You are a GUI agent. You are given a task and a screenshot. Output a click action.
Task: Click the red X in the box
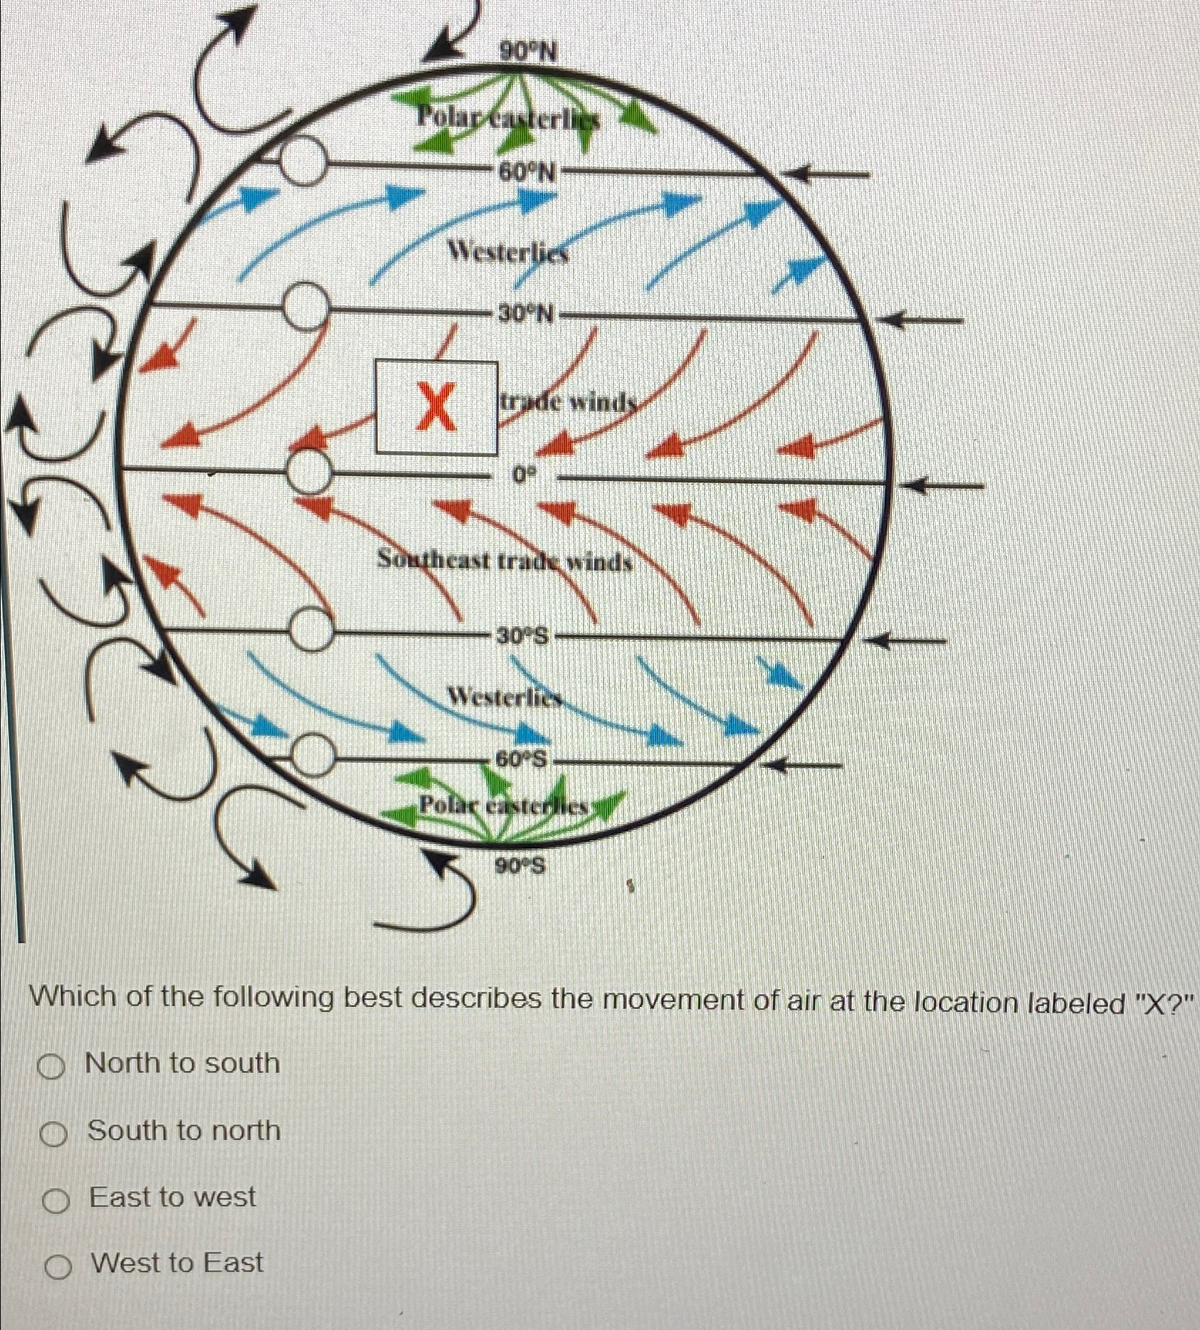click(436, 407)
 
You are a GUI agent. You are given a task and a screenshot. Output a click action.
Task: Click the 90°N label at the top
click(527, 51)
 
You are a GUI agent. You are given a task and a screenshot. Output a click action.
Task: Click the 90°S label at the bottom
click(520, 866)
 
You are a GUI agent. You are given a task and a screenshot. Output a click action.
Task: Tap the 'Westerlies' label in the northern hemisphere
click(508, 252)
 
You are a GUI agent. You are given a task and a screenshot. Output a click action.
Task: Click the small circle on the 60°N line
click(302, 162)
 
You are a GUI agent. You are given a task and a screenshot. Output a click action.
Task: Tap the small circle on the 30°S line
click(311, 630)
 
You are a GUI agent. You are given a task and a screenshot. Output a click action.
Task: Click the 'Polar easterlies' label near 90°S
click(505, 807)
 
